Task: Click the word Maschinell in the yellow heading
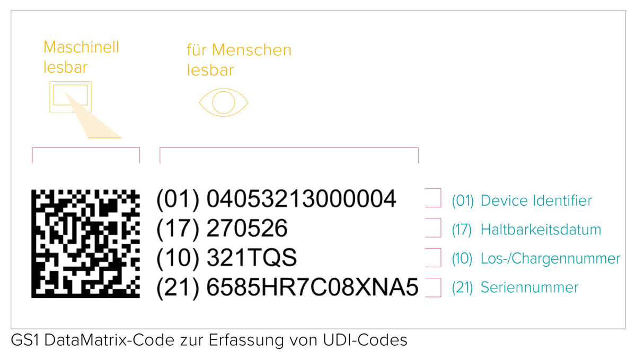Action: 81,47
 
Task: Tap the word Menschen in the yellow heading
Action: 252,50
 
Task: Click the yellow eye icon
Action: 224,102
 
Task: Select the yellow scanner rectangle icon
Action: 70,96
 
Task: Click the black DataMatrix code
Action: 85,244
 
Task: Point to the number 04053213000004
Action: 301,199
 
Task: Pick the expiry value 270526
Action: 247,228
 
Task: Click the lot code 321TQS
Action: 252,258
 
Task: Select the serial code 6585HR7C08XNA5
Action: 312,287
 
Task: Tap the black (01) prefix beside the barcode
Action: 178,199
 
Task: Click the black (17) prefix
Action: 178,229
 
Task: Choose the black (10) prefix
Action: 178,258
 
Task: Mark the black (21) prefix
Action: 178,288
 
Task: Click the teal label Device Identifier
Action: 536,200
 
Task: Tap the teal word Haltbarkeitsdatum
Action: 541,230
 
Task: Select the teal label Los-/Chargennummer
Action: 550,259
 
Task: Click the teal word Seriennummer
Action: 529,287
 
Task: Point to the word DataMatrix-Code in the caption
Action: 109,340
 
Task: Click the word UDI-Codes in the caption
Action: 365,340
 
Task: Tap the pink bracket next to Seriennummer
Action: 440,287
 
